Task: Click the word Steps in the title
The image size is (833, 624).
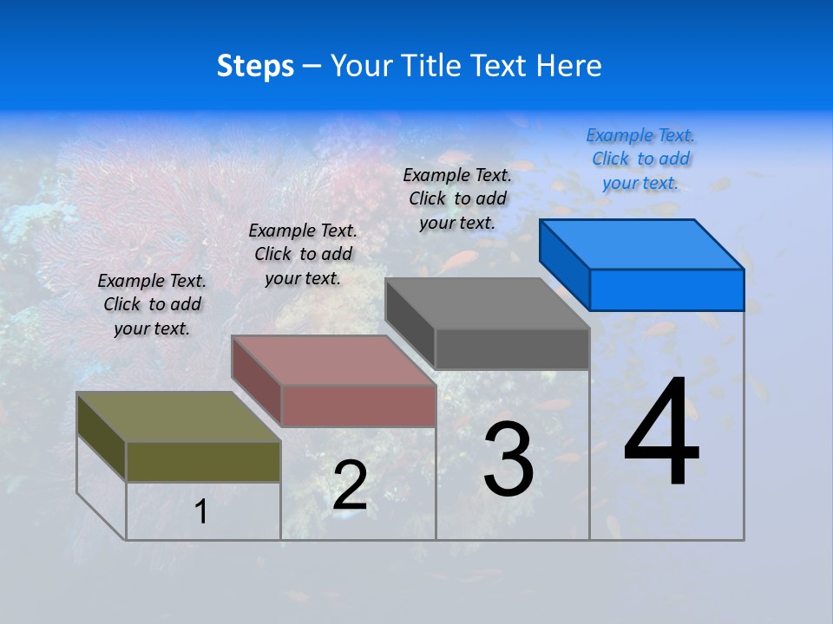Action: [255, 66]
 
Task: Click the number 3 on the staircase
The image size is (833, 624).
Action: [508, 459]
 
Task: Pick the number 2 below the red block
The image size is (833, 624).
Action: [350, 485]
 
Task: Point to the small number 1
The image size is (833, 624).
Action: [200, 511]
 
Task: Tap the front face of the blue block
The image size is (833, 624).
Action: [666, 289]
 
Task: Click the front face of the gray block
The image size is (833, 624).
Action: [512, 349]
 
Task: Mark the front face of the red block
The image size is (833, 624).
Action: [358, 406]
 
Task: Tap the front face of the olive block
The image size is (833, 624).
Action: [203, 461]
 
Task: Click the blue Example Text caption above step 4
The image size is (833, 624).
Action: [640, 159]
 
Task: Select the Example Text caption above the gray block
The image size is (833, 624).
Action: [457, 198]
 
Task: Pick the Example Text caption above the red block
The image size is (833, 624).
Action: [303, 254]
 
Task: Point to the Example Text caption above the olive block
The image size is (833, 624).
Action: [152, 304]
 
